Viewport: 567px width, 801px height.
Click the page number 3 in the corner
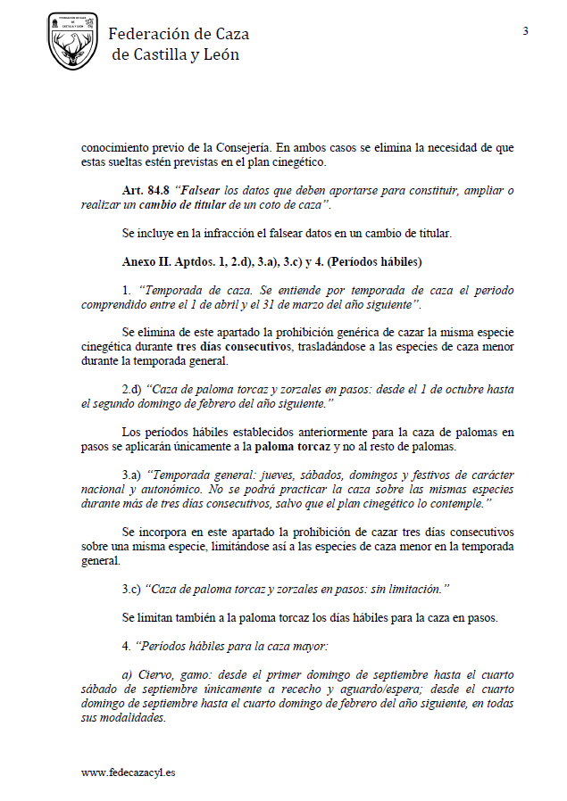(526, 32)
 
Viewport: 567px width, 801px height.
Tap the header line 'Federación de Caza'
(179, 34)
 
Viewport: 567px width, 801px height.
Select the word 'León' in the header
(221, 54)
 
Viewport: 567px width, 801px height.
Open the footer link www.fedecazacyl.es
(128, 772)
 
